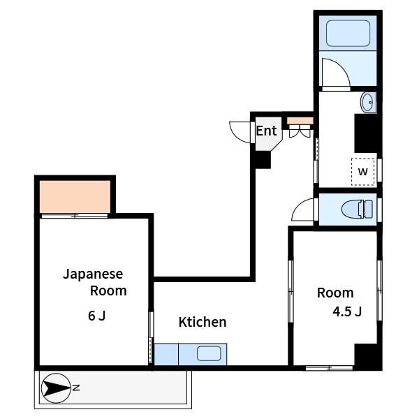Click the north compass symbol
[x=57, y=387]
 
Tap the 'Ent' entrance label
[x=266, y=131]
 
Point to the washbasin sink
[x=368, y=103]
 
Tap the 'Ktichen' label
[x=203, y=322]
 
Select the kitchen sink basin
[x=209, y=353]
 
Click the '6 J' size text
[x=97, y=316]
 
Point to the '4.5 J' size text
[x=347, y=311]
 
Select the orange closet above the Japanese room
[x=75, y=196]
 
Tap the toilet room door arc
[x=304, y=209]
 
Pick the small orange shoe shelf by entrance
[x=300, y=119]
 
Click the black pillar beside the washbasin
[x=366, y=133]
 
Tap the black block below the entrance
[x=262, y=159]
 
